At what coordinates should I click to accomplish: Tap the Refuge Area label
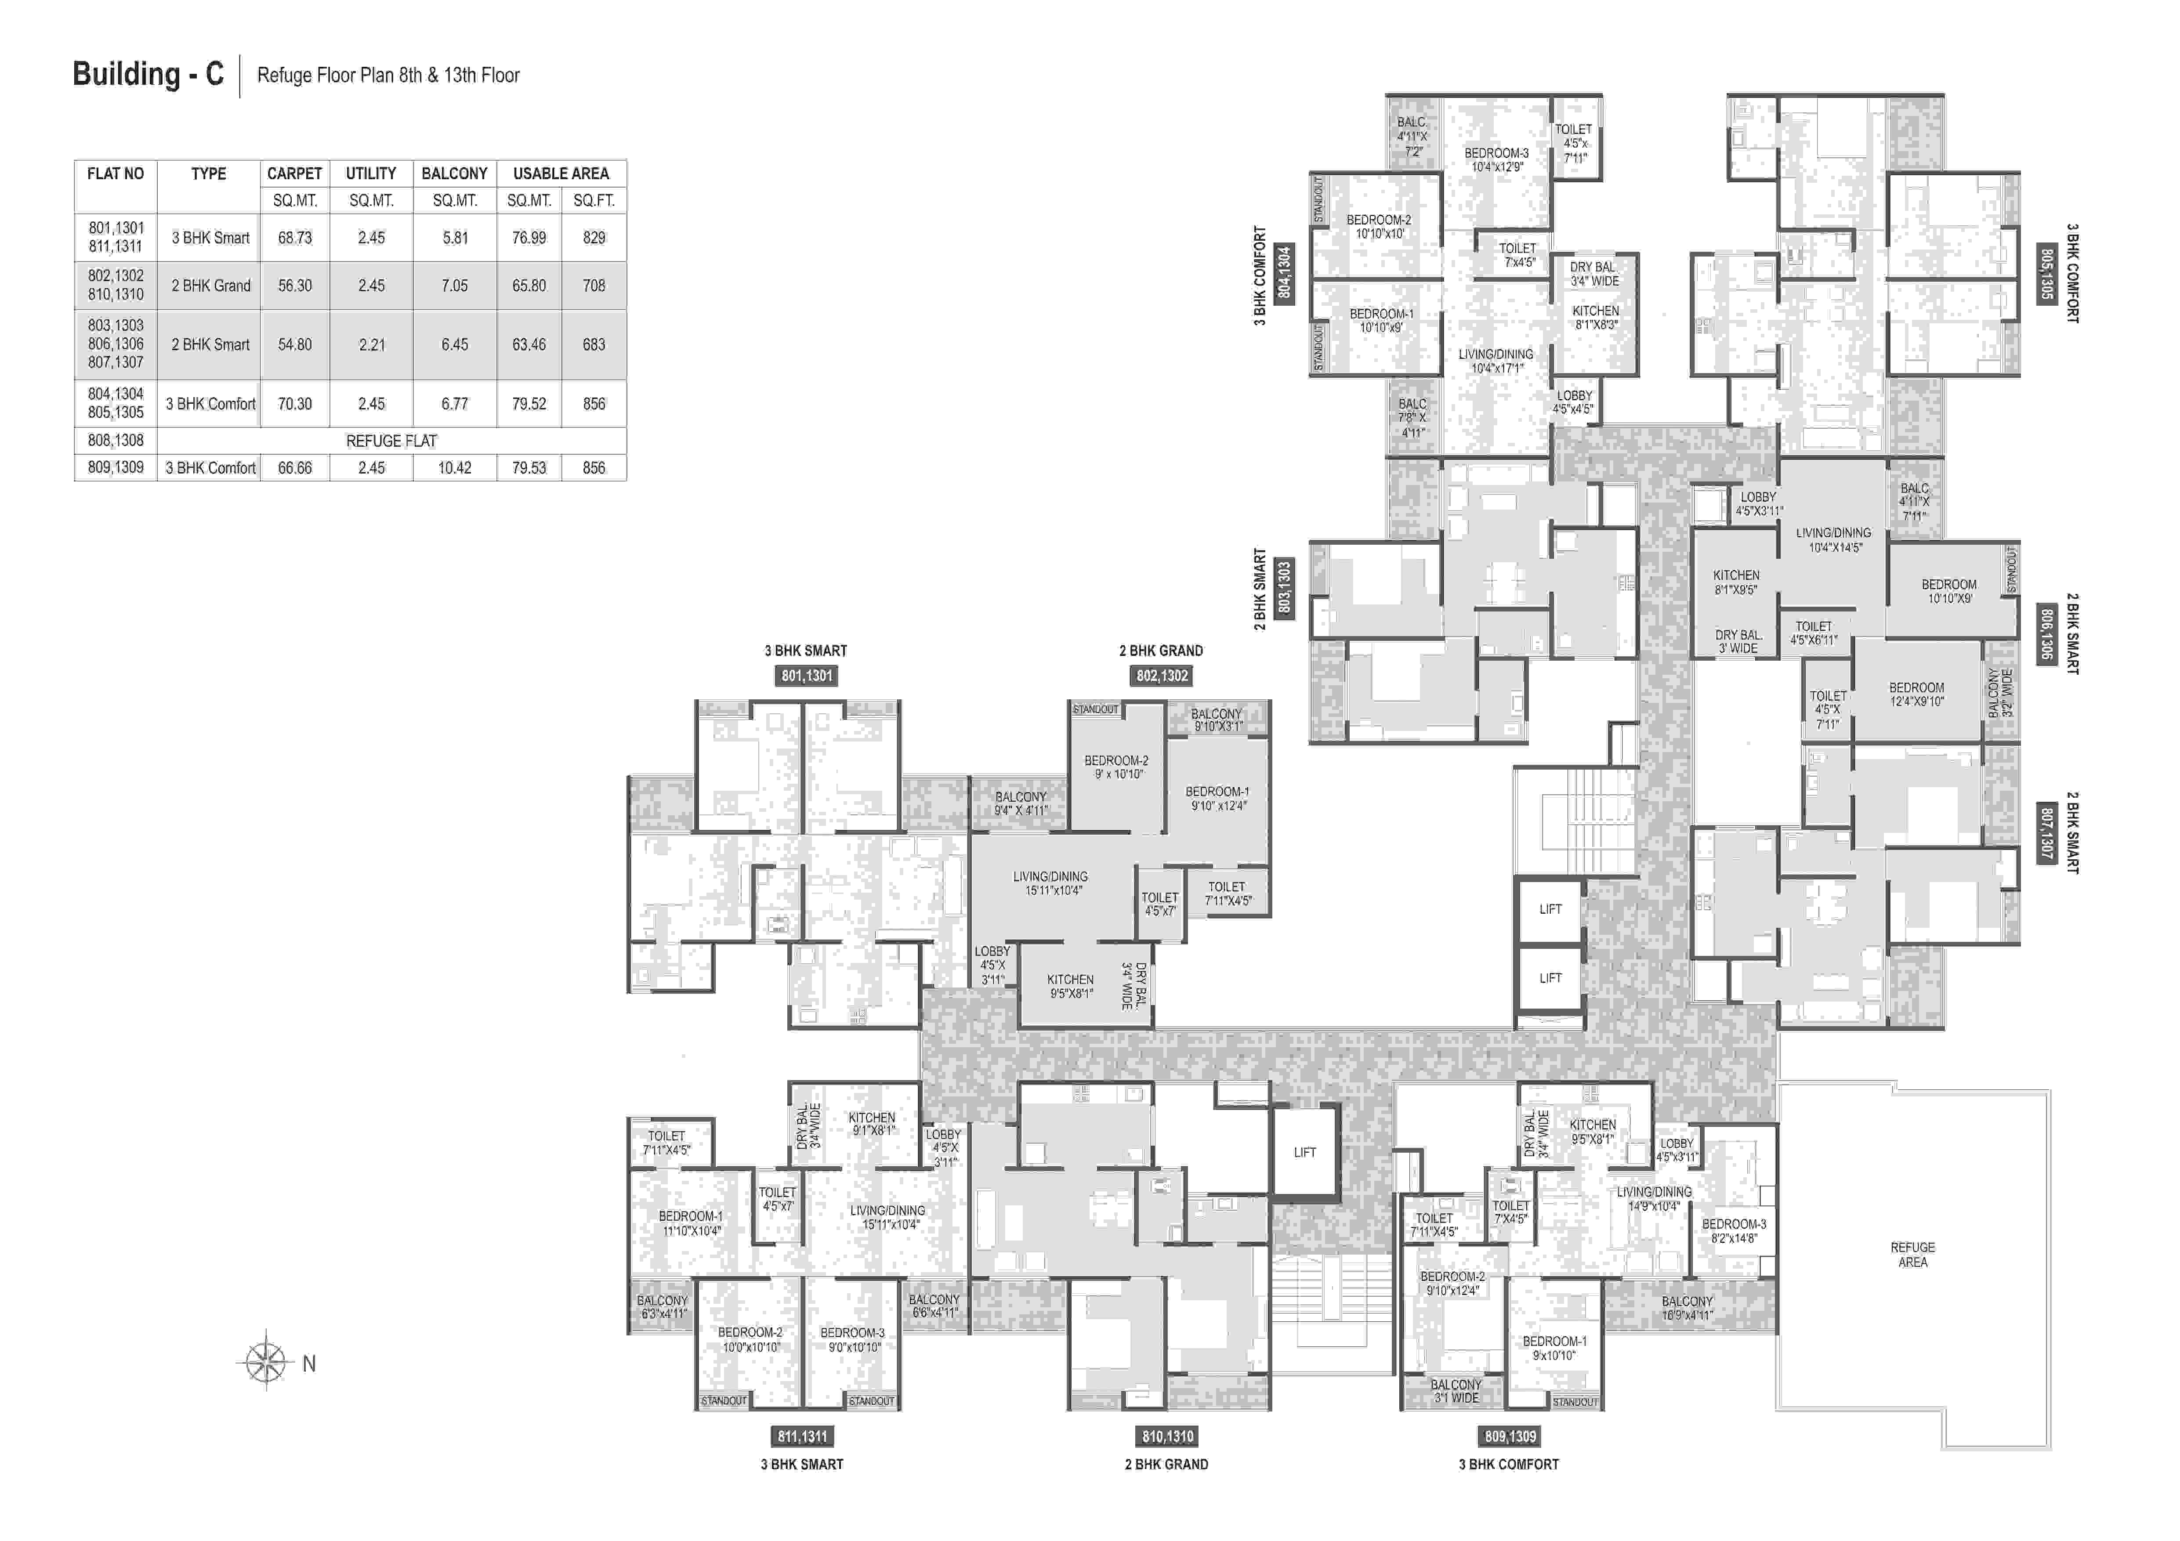pyautogui.click(x=1912, y=1254)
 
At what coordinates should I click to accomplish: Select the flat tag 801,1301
pyautogui.click(x=806, y=676)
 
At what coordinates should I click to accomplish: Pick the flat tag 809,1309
pyautogui.click(x=1510, y=1436)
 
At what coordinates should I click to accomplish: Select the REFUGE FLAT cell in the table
pyautogui.click(x=391, y=441)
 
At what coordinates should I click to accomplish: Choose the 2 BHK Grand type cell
pyautogui.click(x=211, y=286)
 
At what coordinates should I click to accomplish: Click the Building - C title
pyautogui.click(x=148, y=74)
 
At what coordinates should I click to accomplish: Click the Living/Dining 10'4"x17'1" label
pyautogui.click(x=1496, y=361)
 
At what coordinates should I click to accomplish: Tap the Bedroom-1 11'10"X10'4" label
pyautogui.click(x=691, y=1223)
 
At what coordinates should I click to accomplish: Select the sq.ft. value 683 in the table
pyautogui.click(x=594, y=345)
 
